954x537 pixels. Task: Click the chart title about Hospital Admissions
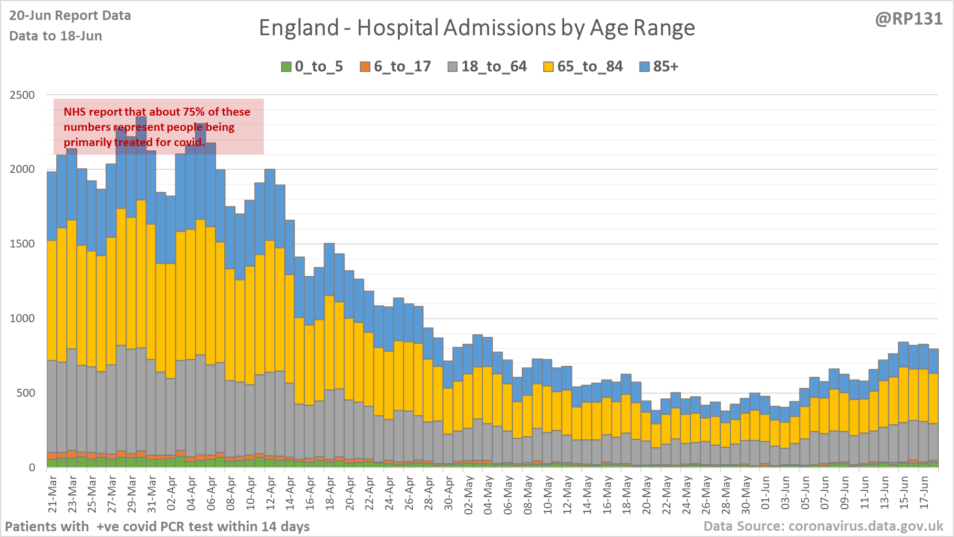(476, 28)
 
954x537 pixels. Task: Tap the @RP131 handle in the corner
(909, 19)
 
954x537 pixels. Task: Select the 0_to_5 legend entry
(312, 67)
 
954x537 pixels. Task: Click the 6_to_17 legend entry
(395, 67)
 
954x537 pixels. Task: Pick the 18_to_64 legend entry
(487, 67)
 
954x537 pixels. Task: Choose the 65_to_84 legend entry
(583, 67)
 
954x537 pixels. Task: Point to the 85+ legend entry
(659, 67)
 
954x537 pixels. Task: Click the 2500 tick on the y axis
(22, 95)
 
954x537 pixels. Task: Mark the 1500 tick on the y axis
(22, 244)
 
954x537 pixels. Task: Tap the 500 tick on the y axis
(25, 393)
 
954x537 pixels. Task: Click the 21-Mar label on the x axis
(53, 494)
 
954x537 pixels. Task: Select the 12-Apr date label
(271, 494)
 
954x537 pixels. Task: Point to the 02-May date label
(469, 494)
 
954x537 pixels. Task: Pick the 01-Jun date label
(765, 494)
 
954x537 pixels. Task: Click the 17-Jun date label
(924, 494)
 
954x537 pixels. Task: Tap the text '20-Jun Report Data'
(70, 16)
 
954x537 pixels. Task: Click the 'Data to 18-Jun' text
(56, 36)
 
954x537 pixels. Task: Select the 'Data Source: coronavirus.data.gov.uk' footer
(823, 526)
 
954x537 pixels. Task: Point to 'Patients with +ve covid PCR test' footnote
(157, 526)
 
